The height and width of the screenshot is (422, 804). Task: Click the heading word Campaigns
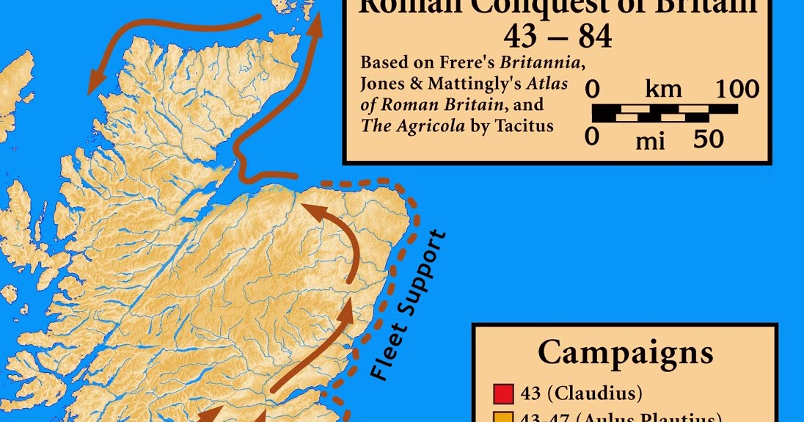(x=625, y=352)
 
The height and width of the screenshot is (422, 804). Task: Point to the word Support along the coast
(x=425, y=271)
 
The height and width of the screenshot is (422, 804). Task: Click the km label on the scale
(x=663, y=90)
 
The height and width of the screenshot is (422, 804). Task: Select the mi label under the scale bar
(x=649, y=139)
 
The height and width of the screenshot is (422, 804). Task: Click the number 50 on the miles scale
(x=708, y=139)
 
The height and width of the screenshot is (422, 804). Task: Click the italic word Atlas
(x=547, y=84)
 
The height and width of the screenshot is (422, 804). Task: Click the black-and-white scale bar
(x=665, y=113)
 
